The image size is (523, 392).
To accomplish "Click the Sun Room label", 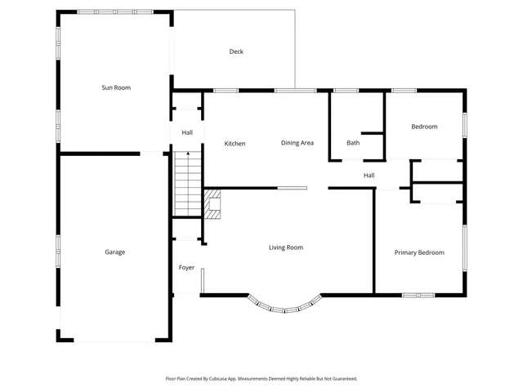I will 115,87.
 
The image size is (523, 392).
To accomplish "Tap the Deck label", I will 236,51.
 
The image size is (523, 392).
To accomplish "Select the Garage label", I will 114,252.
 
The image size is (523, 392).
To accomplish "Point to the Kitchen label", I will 235,144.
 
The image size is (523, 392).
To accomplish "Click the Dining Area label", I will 297,143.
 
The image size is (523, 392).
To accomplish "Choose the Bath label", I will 353,143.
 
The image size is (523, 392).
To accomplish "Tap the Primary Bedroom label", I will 419,252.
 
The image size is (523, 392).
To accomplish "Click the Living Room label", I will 286,247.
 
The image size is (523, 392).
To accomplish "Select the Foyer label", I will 186,267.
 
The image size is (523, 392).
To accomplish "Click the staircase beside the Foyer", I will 187,184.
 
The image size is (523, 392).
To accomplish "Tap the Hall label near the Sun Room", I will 187,132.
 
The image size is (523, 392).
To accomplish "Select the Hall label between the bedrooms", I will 369,175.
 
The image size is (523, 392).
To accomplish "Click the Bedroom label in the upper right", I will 424,127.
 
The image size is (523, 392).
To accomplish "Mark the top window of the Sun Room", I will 114,11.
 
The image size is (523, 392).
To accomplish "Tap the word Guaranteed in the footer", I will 342,379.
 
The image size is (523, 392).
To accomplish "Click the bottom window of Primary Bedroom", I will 420,294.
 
